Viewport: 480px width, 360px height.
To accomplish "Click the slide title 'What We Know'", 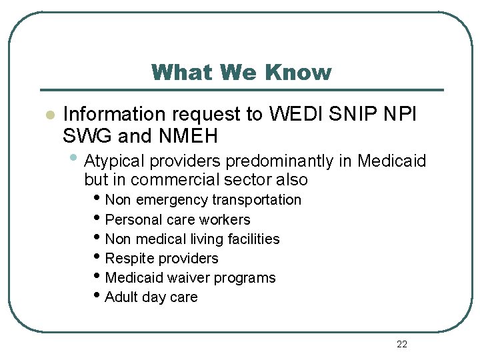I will coord(241,72).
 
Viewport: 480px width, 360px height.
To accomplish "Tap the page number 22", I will coord(401,344).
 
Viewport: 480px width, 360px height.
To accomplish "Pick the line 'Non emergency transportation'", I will coord(203,200).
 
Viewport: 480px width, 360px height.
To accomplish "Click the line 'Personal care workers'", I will coord(178,219).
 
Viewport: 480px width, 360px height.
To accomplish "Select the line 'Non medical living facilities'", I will coord(193,239).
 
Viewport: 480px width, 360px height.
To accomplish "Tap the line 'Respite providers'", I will coord(162,258).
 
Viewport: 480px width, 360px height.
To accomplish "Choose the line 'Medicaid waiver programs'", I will coord(191,277).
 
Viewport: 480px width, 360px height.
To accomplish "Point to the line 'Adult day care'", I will coord(151,297).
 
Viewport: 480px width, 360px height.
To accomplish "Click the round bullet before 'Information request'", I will coord(48,115).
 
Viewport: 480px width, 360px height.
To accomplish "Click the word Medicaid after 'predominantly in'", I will coord(392,161).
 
